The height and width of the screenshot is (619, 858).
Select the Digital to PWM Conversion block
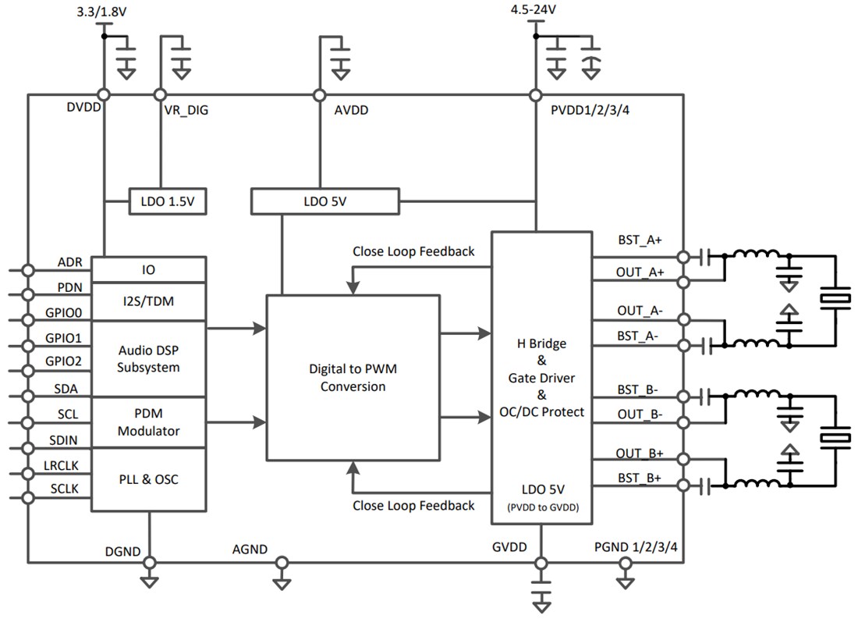pyautogui.click(x=353, y=378)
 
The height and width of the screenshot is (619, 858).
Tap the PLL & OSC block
pyautogui.click(x=148, y=479)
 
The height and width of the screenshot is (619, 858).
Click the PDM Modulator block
pyautogui.click(x=148, y=422)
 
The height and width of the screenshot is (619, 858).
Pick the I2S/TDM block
pyautogui.click(x=148, y=300)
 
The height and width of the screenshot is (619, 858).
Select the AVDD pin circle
pyautogui.click(x=319, y=95)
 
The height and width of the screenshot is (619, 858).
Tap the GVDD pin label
pyautogui.click(x=509, y=546)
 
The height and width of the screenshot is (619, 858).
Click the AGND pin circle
pyautogui.click(x=282, y=563)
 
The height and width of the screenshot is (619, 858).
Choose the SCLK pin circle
pyautogui.click(x=28, y=498)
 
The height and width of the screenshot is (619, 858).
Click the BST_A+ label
pyautogui.click(x=639, y=241)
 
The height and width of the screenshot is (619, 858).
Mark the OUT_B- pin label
pyautogui.click(x=640, y=414)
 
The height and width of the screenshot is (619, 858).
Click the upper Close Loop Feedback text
pyautogui.click(x=413, y=251)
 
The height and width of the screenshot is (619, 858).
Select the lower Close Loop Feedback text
pyautogui.click(x=413, y=505)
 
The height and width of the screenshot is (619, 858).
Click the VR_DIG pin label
pyautogui.click(x=186, y=111)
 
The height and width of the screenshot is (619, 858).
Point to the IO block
pyautogui.click(x=148, y=269)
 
